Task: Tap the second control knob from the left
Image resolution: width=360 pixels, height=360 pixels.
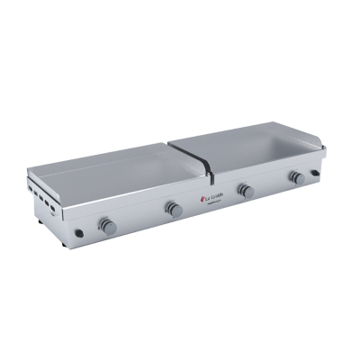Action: (x=174, y=209)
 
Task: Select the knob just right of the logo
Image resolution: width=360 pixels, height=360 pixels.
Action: (x=241, y=191)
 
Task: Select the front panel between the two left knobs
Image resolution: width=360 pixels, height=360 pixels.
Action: (x=139, y=218)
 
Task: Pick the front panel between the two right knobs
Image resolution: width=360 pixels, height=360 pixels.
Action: (x=267, y=186)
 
